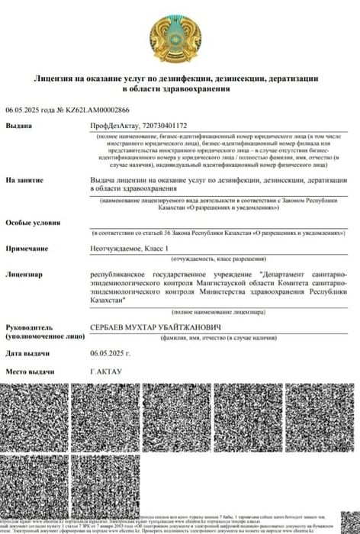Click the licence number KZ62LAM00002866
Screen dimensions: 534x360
coord(86,111)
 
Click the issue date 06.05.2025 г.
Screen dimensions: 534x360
coord(111,354)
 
